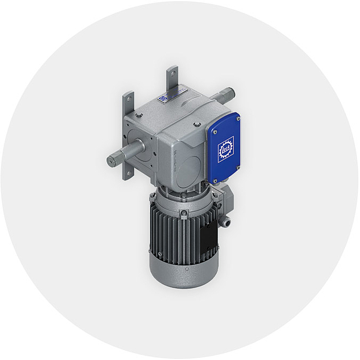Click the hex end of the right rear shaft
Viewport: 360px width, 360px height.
(x=230, y=92)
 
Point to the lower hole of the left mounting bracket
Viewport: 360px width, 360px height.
(x=126, y=172)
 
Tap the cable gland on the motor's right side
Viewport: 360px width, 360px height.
(x=227, y=220)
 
